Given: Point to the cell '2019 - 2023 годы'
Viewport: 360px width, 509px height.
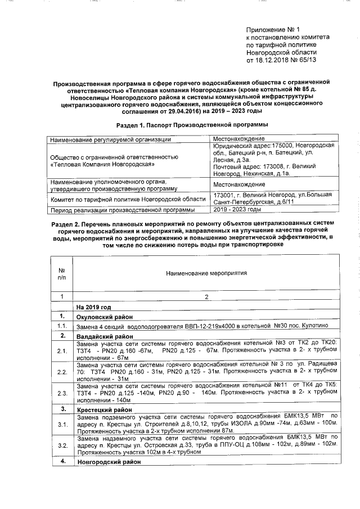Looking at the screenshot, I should click(x=237, y=209).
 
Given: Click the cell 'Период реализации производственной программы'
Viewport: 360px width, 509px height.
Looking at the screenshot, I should click(x=122, y=210).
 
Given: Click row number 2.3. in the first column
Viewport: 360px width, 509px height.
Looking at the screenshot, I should click(x=62, y=393).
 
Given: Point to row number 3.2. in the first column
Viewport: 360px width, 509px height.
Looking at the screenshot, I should click(x=62, y=445).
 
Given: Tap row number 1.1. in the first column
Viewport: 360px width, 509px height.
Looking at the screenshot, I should click(x=62, y=326).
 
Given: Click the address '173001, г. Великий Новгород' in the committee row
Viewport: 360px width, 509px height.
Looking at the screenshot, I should click(x=255, y=195).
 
